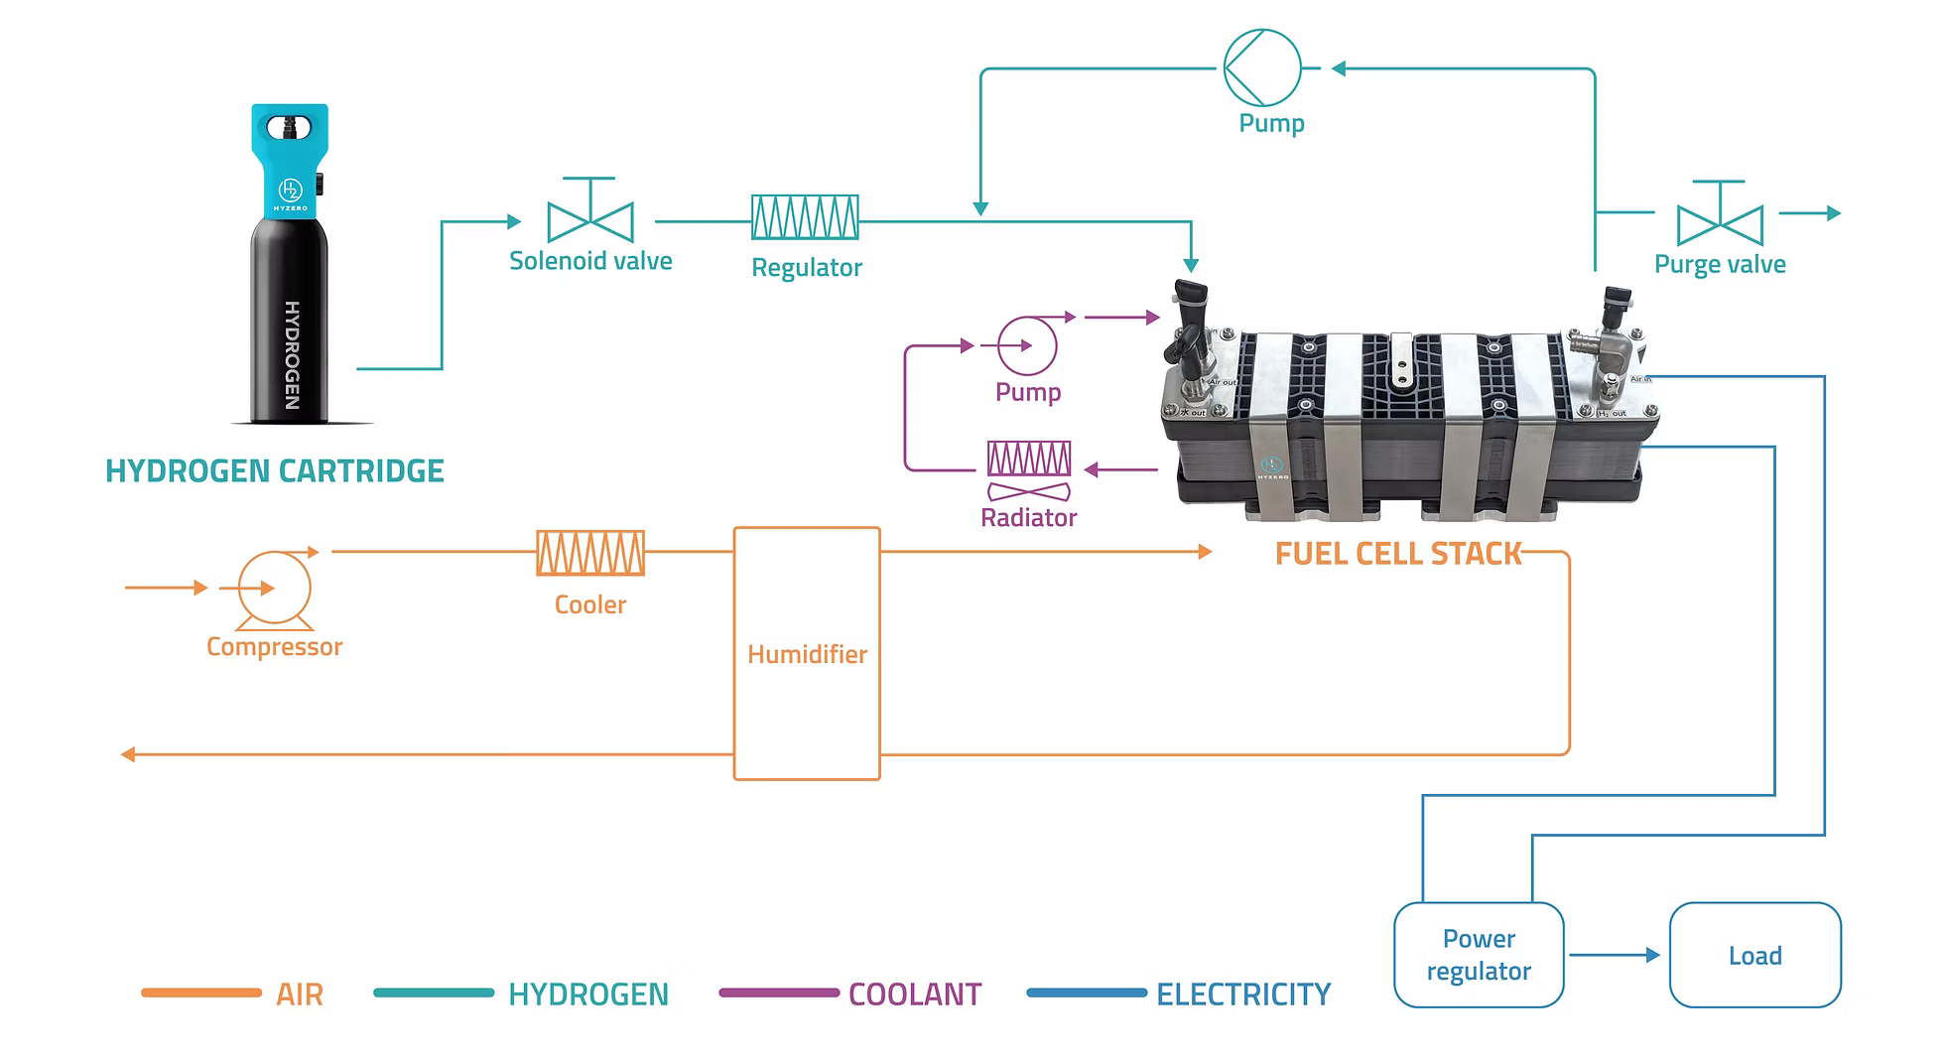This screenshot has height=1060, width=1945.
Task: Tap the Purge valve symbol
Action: coord(1720,222)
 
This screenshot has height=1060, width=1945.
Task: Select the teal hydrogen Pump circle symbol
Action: coord(1261,67)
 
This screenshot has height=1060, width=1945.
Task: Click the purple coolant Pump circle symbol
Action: coord(1027,345)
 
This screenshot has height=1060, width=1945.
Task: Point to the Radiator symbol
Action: coord(1029,469)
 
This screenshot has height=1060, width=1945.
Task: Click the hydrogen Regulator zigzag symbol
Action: coord(805,217)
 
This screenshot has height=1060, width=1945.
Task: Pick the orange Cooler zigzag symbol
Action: coord(590,553)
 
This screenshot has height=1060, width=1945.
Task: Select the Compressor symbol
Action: coord(274,590)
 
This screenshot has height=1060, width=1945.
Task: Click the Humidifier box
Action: coord(807,653)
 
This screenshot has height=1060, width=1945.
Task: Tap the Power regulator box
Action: coord(1479,955)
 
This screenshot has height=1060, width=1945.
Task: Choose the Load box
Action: coord(1754,955)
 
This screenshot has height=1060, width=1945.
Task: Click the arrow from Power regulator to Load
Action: coord(1616,955)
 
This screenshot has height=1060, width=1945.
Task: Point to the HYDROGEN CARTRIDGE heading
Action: coord(275,470)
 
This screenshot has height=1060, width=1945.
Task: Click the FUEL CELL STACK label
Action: coord(1397,554)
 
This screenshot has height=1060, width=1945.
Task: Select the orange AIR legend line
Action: coord(201,993)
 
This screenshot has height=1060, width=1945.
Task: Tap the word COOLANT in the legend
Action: coord(914,994)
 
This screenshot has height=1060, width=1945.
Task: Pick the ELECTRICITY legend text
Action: coord(1242,994)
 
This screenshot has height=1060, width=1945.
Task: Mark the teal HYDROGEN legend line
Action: coord(434,993)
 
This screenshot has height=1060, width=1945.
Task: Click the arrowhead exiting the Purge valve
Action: coord(1833,212)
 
